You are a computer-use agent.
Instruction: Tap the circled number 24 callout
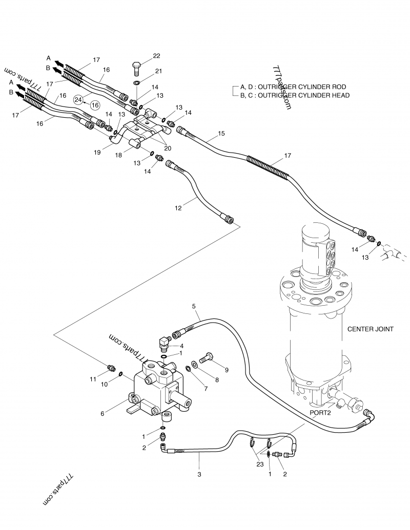[x=78, y=100]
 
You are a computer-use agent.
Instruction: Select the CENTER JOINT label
[x=370, y=329]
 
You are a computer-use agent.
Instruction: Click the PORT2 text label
[x=321, y=412]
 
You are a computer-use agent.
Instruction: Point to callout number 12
[x=178, y=208]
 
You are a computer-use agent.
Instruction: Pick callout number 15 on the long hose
[x=221, y=134]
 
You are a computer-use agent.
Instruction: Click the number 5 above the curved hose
[x=194, y=306]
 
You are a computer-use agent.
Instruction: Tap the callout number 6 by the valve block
[x=102, y=414]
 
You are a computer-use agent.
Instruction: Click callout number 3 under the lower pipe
[x=199, y=474]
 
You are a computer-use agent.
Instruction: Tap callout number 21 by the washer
[x=158, y=71]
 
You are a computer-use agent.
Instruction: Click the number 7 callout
[x=206, y=388]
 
